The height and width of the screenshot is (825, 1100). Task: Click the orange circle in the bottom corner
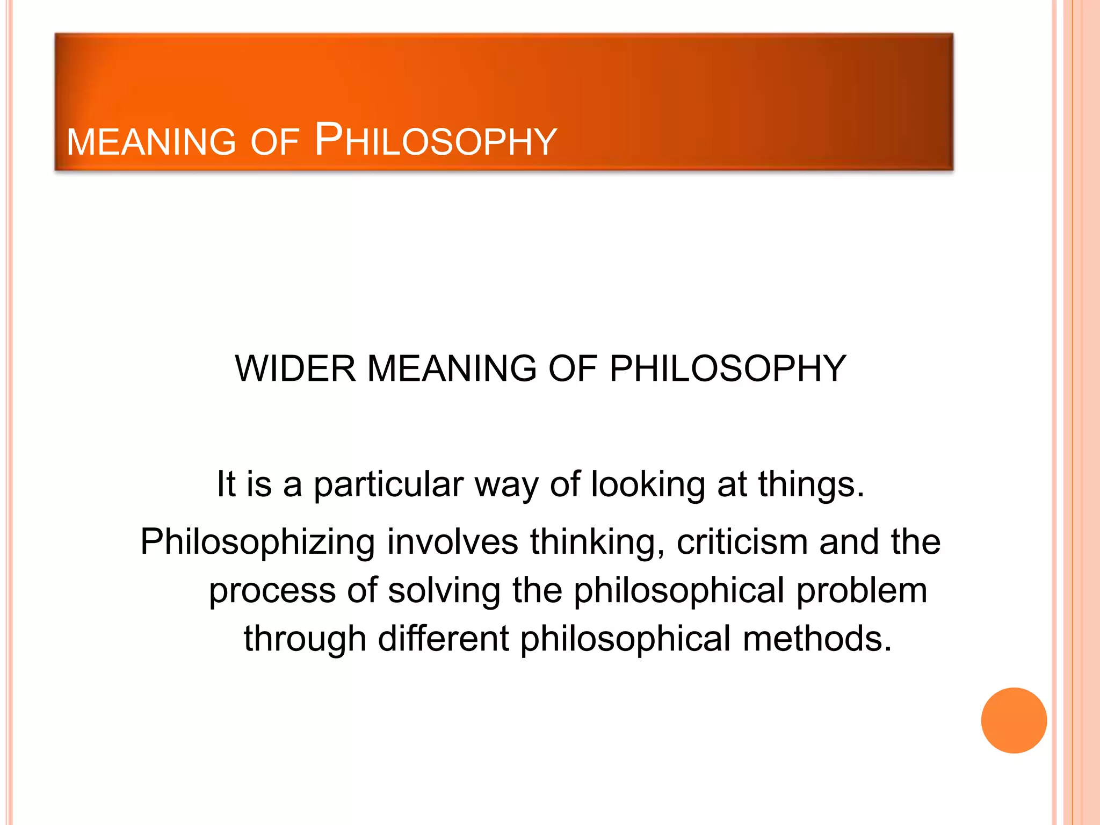coord(1014,720)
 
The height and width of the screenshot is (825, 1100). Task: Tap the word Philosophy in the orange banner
coord(436,141)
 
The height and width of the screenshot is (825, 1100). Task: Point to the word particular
coord(388,484)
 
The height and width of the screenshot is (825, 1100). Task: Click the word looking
coord(648,484)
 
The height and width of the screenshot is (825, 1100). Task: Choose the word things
coord(811,484)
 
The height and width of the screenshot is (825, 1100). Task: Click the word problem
coord(862,591)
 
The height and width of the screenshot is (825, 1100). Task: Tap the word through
coord(305,639)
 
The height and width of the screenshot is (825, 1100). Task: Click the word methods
coord(817,639)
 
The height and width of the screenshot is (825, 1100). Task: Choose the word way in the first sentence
coord(506,486)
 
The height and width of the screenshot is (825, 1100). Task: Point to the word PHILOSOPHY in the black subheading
coord(728,369)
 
